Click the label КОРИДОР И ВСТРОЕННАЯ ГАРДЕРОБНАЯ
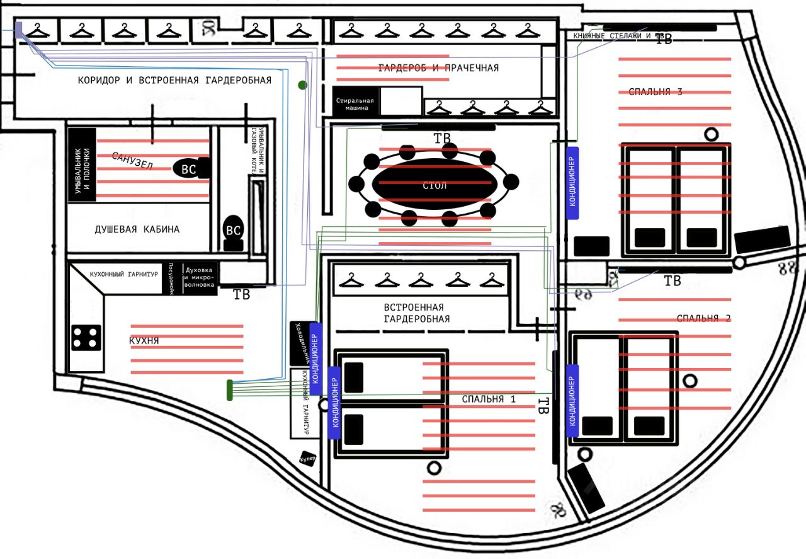tap(174, 81)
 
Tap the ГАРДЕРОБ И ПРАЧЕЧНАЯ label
tap(438, 68)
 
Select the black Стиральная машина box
tap(355, 103)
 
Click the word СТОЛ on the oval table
tap(434, 185)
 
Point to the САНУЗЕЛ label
tap(133, 161)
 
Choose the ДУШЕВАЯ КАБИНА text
tap(137, 229)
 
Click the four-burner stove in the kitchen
tap(86, 337)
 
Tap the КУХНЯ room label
tap(144, 341)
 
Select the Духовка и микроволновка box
tap(200, 277)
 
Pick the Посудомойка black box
tap(169, 278)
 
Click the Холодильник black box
tap(300, 343)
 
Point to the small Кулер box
tap(307, 458)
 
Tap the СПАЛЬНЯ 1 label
tap(489, 399)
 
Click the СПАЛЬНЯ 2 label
tap(703, 318)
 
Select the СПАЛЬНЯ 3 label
tap(656, 92)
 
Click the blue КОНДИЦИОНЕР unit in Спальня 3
tap(572, 183)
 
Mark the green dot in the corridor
tap(303, 84)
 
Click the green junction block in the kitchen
tap(230, 390)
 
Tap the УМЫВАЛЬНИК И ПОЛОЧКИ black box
tap(82, 165)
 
